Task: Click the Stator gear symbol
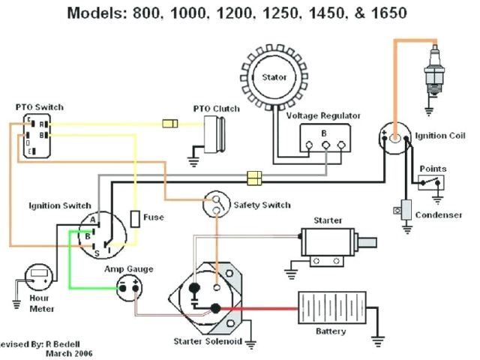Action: coord(274,77)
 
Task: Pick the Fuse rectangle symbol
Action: coord(134,218)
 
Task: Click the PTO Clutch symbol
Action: coord(217,134)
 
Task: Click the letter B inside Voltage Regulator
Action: coord(325,133)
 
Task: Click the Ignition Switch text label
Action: coord(60,205)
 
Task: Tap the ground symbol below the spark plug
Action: coord(429,112)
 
